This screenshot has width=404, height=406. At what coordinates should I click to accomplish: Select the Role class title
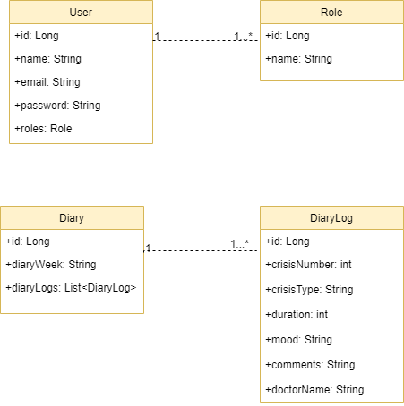[331, 13]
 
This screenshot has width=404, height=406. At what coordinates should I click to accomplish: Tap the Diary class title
[72, 217]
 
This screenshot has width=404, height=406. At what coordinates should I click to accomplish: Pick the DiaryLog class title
[331, 217]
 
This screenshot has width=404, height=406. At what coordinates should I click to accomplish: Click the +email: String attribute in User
[47, 82]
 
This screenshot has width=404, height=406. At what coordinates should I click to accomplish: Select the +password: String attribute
[57, 106]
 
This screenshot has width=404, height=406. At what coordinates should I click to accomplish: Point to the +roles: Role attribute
[43, 129]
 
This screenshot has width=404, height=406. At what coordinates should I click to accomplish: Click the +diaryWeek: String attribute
[50, 265]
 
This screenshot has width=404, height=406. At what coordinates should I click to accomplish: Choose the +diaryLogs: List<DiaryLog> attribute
[71, 288]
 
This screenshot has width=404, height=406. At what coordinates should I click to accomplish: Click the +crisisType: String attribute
[309, 290]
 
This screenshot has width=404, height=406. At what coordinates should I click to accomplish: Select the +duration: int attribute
[297, 315]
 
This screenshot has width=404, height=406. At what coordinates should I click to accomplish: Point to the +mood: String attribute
[300, 340]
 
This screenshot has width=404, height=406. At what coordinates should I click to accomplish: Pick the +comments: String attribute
[310, 365]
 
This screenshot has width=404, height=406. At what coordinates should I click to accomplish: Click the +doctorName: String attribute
[314, 390]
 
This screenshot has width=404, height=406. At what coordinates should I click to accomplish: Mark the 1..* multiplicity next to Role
[244, 36]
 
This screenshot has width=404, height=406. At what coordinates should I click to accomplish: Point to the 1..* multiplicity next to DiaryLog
[239, 244]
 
